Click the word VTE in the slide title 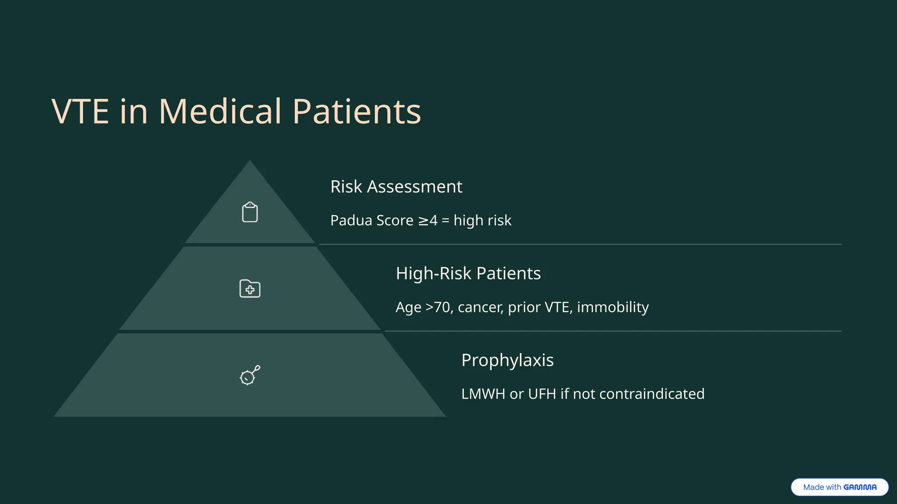[80, 112]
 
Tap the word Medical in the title [220, 112]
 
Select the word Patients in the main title [357, 112]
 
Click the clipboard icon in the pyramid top [250, 212]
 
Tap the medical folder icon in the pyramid [250, 289]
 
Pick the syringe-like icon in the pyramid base [250, 375]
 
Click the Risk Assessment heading [396, 187]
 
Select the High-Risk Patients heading [468, 273]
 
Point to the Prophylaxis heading [507, 360]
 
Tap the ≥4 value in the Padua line [427, 220]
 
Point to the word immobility [612, 307]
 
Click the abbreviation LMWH [483, 394]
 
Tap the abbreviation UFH [542, 394]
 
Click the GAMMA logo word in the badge [860, 487]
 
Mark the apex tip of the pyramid [250, 161]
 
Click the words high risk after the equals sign [482, 220]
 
